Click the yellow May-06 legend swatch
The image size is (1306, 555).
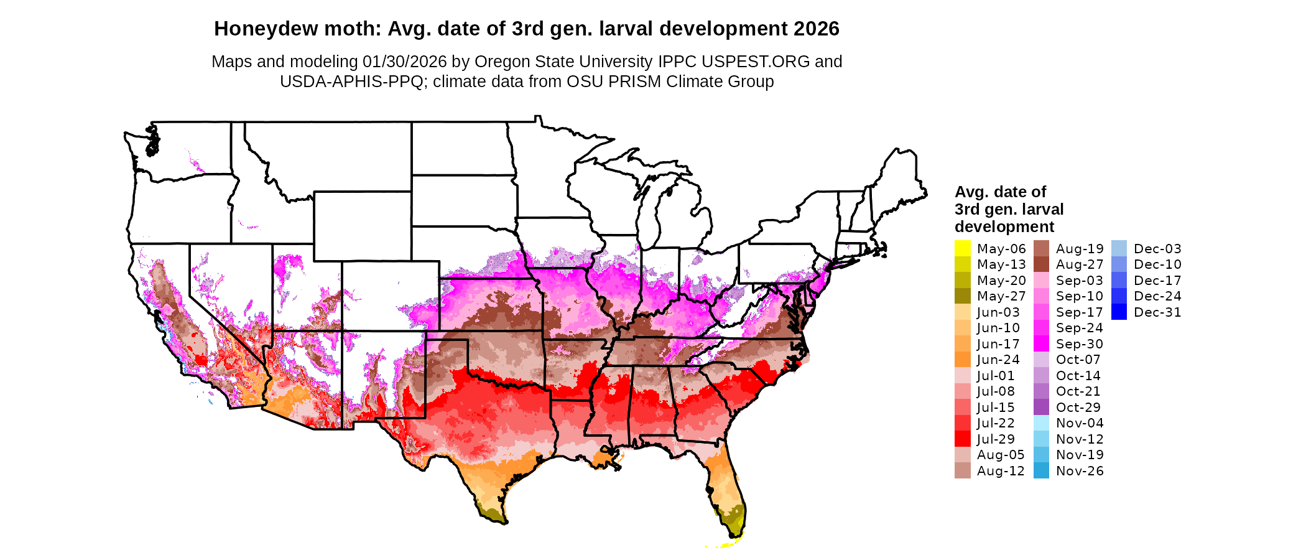[x=962, y=248]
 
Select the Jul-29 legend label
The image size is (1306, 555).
[x=996, y=439]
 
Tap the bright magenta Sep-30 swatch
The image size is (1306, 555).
[x=1041, y=343]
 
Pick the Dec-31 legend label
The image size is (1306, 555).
[x=1157, y=312]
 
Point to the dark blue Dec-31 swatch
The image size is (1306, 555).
[x=1119, y=312]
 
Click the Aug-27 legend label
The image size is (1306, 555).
[x=1080, y=264]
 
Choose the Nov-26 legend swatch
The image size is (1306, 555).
[x=1041, y=471]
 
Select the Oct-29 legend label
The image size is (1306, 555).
[x=1078, y=408]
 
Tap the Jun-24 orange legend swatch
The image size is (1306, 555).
[x=962, y=360]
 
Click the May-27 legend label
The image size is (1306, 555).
[x=1001, y=296]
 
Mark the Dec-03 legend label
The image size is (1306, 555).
[x=1157, y=249]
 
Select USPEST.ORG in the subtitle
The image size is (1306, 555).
[x=756, y=62]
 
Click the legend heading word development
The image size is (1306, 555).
[x=1004, y=226]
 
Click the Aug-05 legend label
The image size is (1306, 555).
[x=1001, y=455]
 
